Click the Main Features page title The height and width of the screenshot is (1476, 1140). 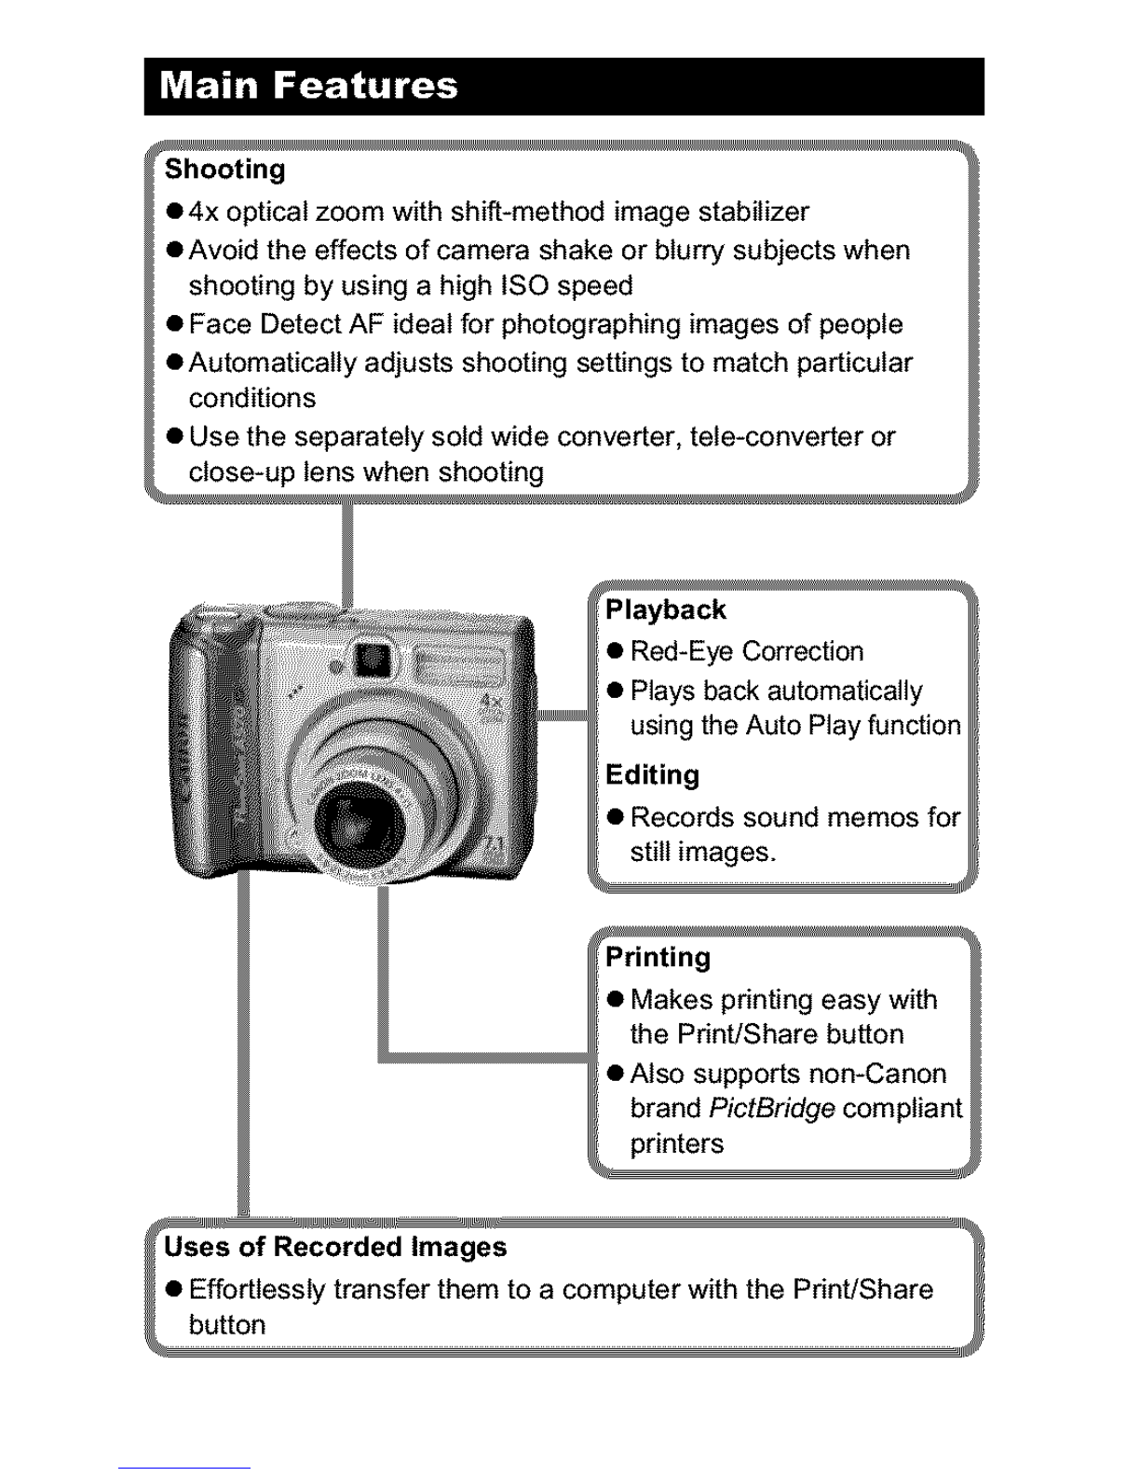[x=308, y=86]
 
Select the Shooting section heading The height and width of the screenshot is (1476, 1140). [x=224, y=170]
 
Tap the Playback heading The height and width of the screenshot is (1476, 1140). [x=665, y=610]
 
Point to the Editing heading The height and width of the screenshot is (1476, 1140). [x=652, y=775]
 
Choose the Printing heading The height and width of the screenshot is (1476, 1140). [x=658, y=958]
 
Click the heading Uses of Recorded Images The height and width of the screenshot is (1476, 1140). [x=335, y=1247]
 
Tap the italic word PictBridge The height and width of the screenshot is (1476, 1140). [x=771, y=1109]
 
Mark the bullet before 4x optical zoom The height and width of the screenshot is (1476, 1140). [x=173, y=213]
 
